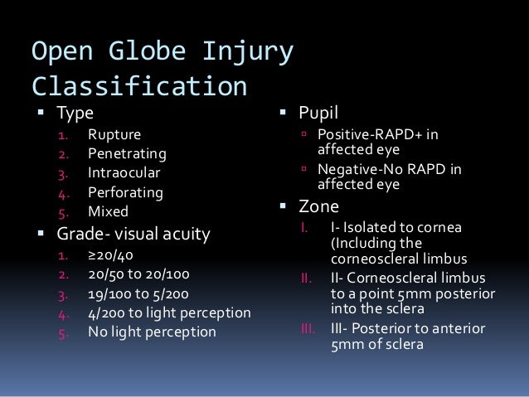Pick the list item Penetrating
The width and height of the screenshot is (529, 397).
[x=128, y=154]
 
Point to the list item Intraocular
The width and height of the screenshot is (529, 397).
[x=124, y=174]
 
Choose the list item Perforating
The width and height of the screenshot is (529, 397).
[x=125, y=193]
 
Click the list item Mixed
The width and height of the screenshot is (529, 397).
[x=109, y=213]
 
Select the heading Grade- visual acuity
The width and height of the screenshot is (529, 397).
[x=133, y=235]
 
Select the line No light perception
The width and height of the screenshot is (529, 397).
[x=152, y=333]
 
